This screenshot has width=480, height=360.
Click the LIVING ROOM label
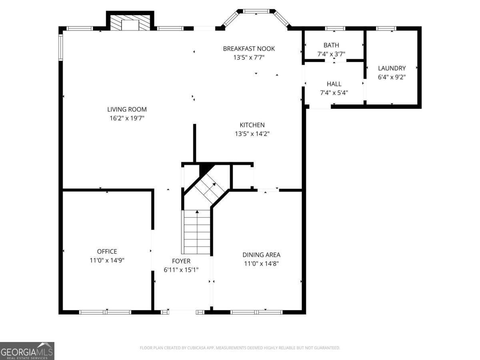126,109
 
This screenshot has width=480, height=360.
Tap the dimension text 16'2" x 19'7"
126,118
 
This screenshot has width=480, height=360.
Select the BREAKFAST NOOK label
249,48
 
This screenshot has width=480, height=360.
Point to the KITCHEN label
252,125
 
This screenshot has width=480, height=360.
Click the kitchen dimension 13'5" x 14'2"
252,134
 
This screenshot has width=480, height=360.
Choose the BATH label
331,45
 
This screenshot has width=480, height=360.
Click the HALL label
334,84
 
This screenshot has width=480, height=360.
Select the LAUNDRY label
392,68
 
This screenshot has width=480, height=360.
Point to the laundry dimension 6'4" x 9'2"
392,77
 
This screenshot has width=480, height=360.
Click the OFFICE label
107,251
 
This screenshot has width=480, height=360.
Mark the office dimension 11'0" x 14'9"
107,260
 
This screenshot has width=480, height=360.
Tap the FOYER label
181,261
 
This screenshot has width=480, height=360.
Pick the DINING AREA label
261,254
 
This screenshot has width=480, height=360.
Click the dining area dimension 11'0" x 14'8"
261,264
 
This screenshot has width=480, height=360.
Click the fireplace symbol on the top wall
130,23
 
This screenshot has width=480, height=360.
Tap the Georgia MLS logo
27,351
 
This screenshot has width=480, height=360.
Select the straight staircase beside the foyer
196,232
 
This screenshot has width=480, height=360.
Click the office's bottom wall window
106,312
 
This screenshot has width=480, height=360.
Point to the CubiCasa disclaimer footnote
240,348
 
